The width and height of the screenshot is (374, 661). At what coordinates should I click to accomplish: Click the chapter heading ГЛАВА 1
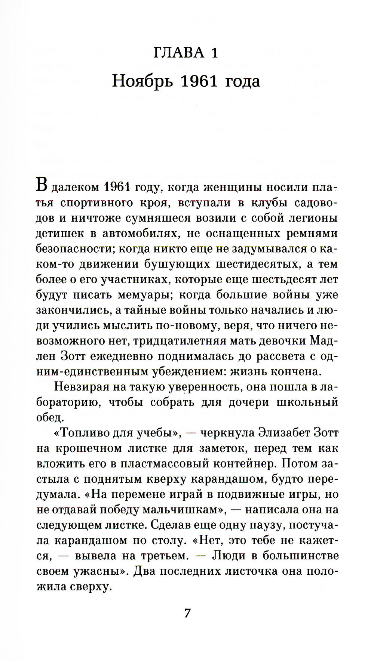(x=186, y=53)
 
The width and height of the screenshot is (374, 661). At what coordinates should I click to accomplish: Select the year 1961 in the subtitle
(x=197, y=81)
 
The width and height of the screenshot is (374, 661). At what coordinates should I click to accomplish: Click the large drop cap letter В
(x=42, y=186)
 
